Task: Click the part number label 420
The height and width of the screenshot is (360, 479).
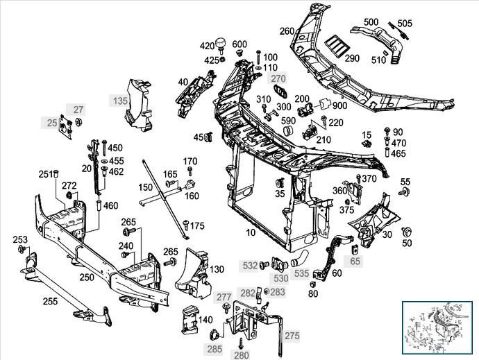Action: (208, 46)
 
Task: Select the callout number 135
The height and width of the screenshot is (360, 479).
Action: (119, 101)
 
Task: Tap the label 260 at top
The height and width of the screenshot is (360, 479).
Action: (287, 31)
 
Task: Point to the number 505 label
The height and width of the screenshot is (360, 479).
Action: (404, 24)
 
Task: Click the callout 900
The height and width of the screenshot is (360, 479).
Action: (339, 105)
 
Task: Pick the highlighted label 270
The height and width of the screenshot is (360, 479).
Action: (278, 78)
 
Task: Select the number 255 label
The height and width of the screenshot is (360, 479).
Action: (49, 301)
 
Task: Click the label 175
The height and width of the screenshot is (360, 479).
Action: (197, 226)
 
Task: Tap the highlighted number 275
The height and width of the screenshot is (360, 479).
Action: (292, 336)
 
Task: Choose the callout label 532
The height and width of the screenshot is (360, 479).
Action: (248, 264)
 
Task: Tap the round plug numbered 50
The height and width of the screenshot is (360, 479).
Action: (407, 231)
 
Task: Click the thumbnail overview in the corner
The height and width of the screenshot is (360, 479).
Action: (439, 329)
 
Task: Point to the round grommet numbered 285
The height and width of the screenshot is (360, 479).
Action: (215, 336)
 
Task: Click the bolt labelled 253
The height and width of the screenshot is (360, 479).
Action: (23, 248)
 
